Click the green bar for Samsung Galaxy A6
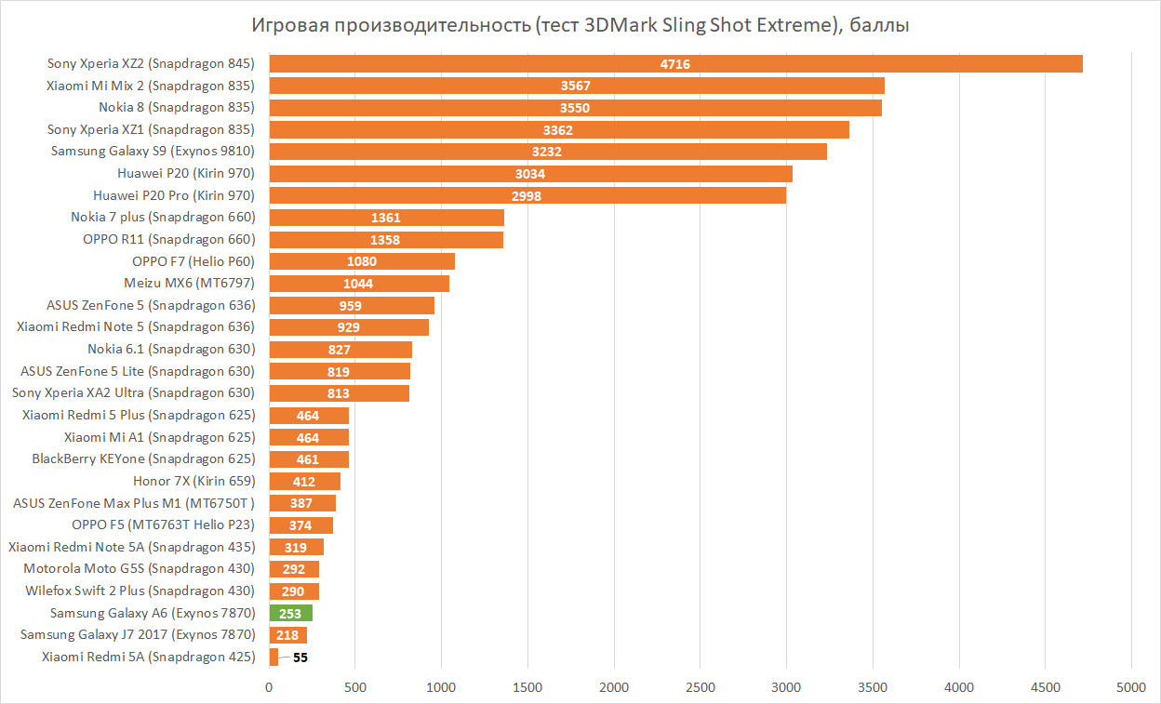290,613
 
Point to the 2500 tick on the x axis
701,688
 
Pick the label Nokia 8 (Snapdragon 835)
177,107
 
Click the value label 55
300,658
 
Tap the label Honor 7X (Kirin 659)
193,481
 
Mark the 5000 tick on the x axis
1131,688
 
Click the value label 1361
386,218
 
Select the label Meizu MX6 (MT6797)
189,283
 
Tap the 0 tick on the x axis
270,688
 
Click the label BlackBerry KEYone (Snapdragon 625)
143,458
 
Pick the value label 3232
546,152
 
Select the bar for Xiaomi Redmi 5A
274,658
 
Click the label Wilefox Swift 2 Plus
140,591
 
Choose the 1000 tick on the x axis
442,688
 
